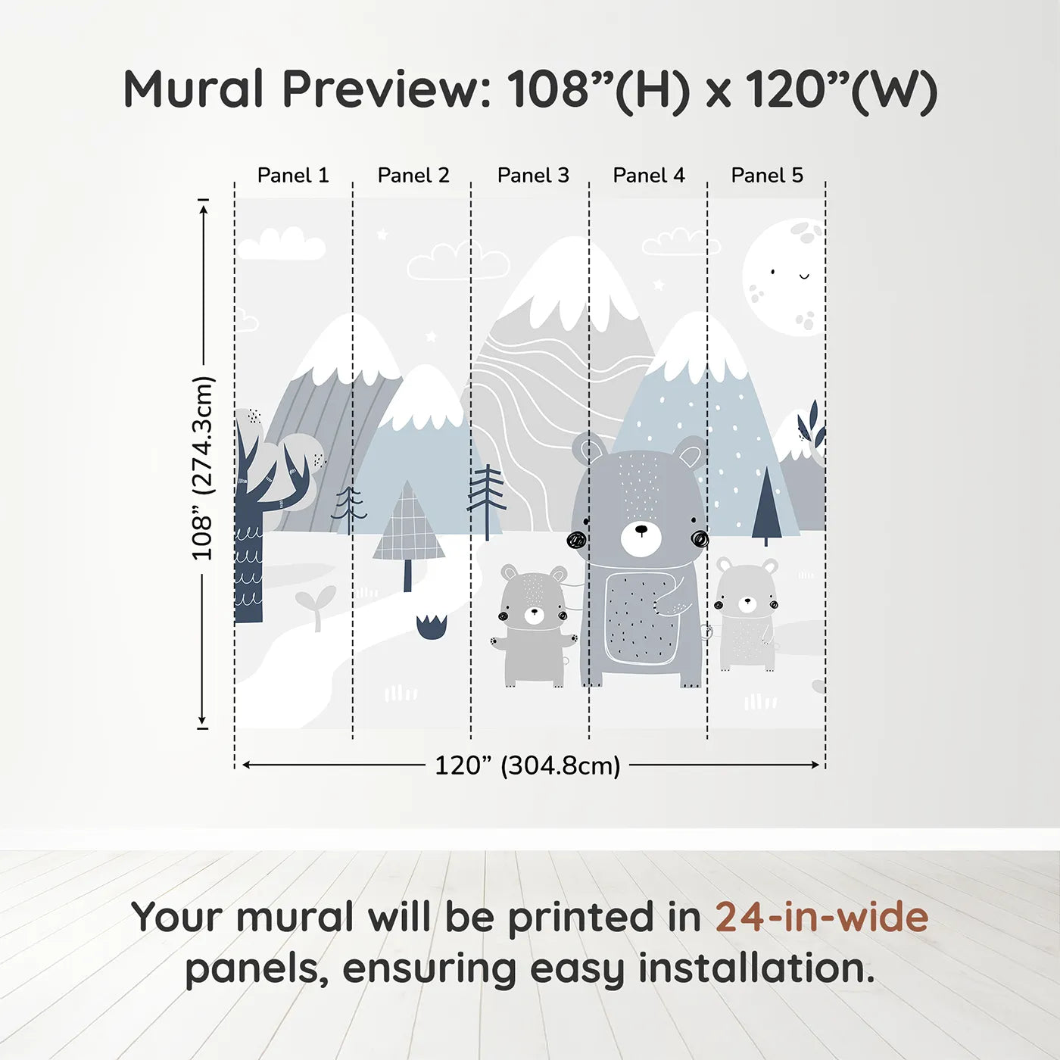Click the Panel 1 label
coord(293,176)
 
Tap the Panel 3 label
coord(532,176)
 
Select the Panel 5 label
coord(766,176)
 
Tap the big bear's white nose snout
coord(641,536)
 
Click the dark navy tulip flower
coord(432,628)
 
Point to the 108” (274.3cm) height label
coord(202,468)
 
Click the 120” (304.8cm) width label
coord(527,765)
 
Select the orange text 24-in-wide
coord(821,917)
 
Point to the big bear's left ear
coord(588,449)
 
